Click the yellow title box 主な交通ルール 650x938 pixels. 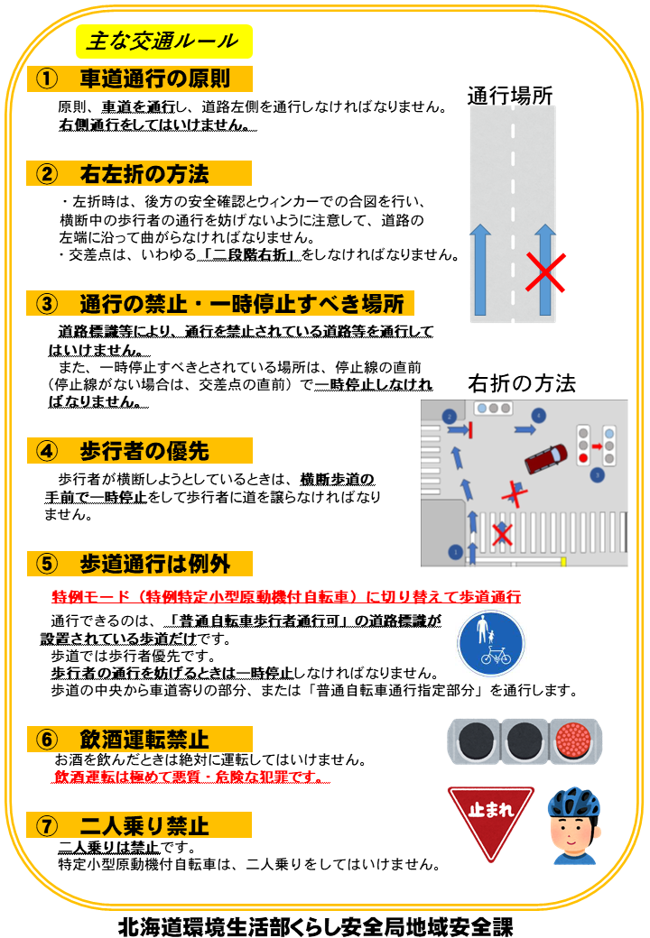162,41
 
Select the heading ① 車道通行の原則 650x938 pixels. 140,78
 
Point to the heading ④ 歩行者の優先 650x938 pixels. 131,450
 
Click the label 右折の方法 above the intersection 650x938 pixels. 521,383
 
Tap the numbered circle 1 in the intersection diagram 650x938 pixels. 455,551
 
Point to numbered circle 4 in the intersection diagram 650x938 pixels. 539,415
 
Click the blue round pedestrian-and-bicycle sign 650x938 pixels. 490,644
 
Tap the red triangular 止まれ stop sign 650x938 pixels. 490,815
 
